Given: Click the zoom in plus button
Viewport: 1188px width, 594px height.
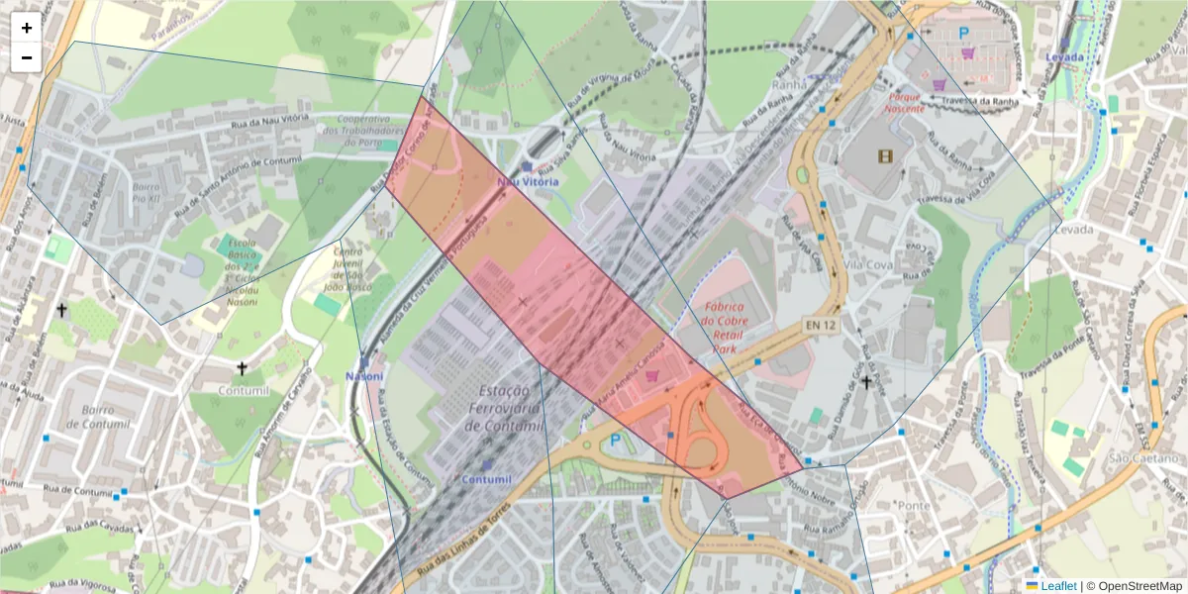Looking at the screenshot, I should tap(27, 28).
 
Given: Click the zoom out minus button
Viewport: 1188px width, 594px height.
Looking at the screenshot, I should tap(27, 57).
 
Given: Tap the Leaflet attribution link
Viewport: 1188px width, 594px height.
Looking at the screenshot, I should tap(1057, 586).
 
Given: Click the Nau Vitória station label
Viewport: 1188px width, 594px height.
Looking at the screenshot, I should tap(528, 182).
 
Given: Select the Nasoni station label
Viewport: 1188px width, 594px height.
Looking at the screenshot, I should tap(364, 376).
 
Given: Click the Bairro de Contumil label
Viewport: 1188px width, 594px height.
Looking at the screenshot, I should tap(98, 417).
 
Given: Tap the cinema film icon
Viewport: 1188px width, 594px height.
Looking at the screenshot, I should tap(884, 155).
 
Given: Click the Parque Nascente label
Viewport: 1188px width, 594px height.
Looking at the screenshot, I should tap(906, 103).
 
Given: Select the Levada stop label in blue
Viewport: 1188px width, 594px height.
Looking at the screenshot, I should tap(1064, 57).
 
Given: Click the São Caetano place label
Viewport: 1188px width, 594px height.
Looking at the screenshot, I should tap(1133, 457).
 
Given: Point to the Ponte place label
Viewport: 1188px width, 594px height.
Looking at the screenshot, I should tap(911, 505).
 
